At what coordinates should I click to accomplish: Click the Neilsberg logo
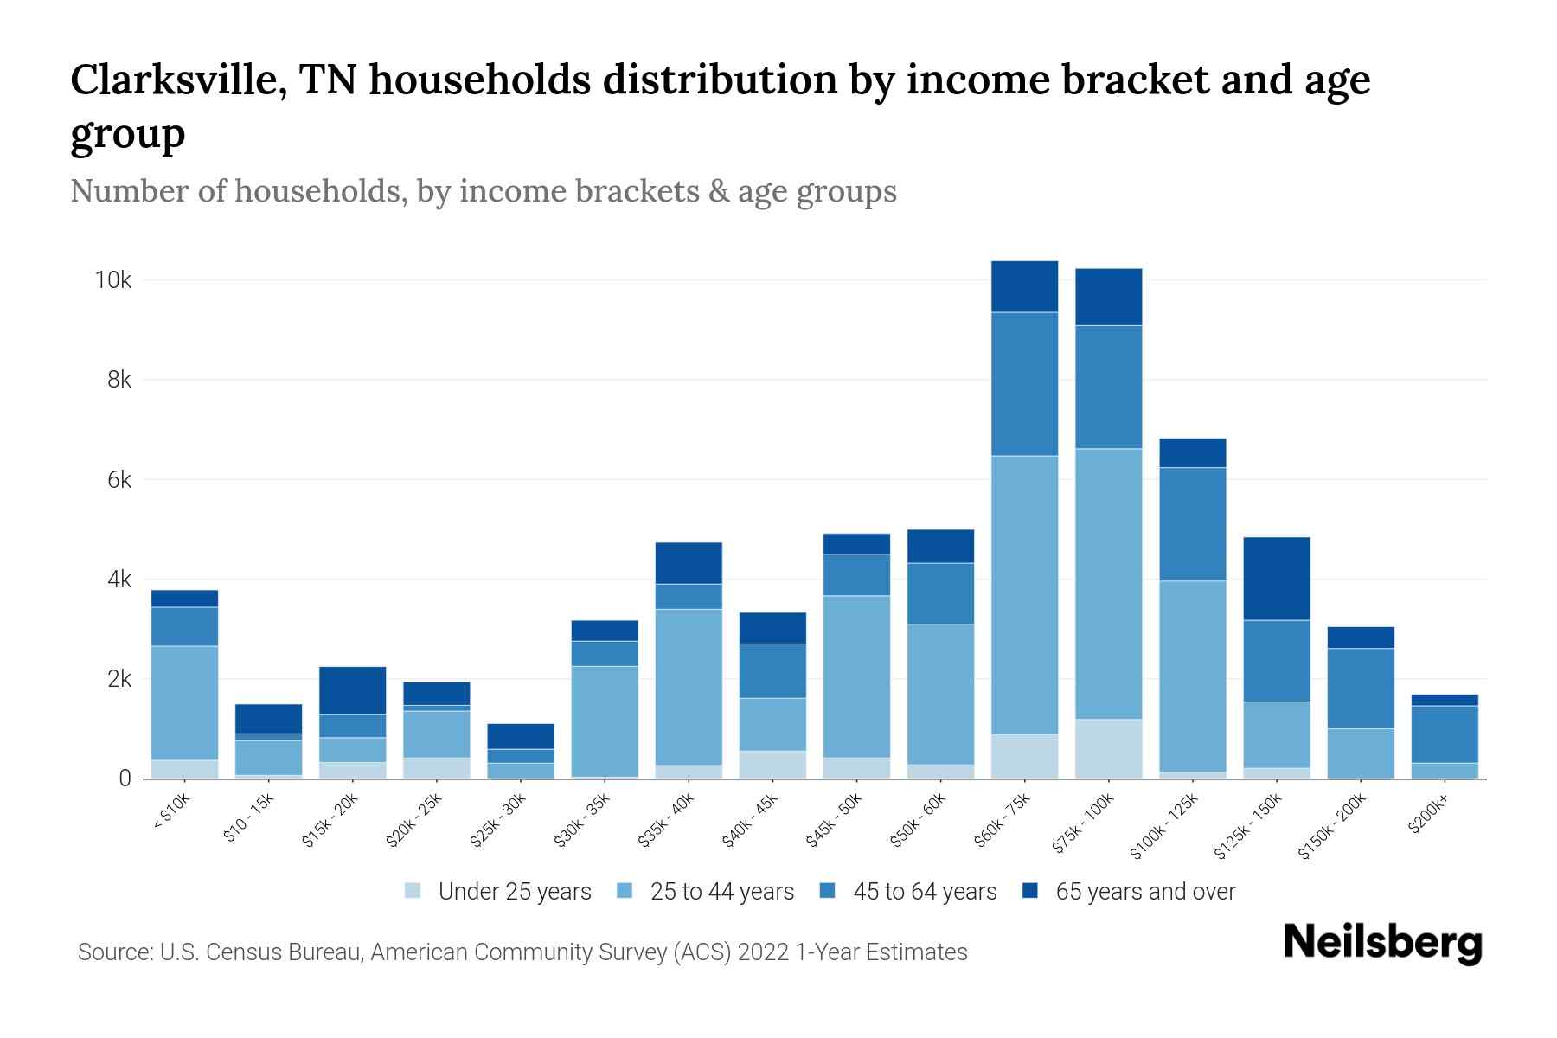(1382, 943)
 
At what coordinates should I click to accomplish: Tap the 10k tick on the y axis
(113, 280)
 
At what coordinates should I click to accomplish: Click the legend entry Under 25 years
(514, 892)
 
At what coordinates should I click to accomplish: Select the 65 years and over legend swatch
(1029, 891)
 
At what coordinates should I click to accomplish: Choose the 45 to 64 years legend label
(925, 892)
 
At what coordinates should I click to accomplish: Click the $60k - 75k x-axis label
(1004, 821)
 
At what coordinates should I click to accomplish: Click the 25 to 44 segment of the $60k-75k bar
(1024, 595)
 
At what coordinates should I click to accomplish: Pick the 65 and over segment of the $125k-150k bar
(1276, 579)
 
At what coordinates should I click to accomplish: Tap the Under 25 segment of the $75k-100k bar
(1108, 749)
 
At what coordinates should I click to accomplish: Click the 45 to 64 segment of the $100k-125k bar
(1192, 524)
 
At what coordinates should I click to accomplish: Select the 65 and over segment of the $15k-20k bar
(352, 690)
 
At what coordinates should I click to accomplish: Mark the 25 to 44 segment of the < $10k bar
(184, 702)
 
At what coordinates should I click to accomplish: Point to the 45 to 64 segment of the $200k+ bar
(1444, 734)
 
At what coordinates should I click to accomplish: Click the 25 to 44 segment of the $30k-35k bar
(604, 721)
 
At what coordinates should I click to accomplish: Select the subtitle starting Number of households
(483, 191)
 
